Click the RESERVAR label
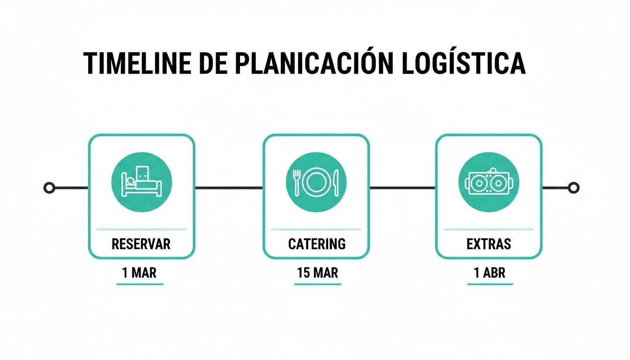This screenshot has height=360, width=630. (141, 244)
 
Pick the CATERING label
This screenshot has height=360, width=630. (317, 244)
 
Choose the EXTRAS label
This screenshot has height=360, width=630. (489, 244)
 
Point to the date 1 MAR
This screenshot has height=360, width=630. (139, 273)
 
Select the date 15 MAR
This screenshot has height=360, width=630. (317, 273)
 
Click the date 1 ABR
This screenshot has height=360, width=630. (490, 273)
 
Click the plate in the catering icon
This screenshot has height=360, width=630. (316, 181)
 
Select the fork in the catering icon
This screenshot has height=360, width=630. (296, 182)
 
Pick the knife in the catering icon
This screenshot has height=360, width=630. (336, 182)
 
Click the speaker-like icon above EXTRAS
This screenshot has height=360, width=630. (489, 182)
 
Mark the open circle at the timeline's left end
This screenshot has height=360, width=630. (49, 188)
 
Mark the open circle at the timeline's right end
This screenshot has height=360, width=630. (573, 188)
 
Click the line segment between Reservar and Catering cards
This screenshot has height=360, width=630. (229, 188)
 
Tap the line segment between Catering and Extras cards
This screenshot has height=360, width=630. (403, 188)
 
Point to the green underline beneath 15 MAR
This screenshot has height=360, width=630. (318, 284)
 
